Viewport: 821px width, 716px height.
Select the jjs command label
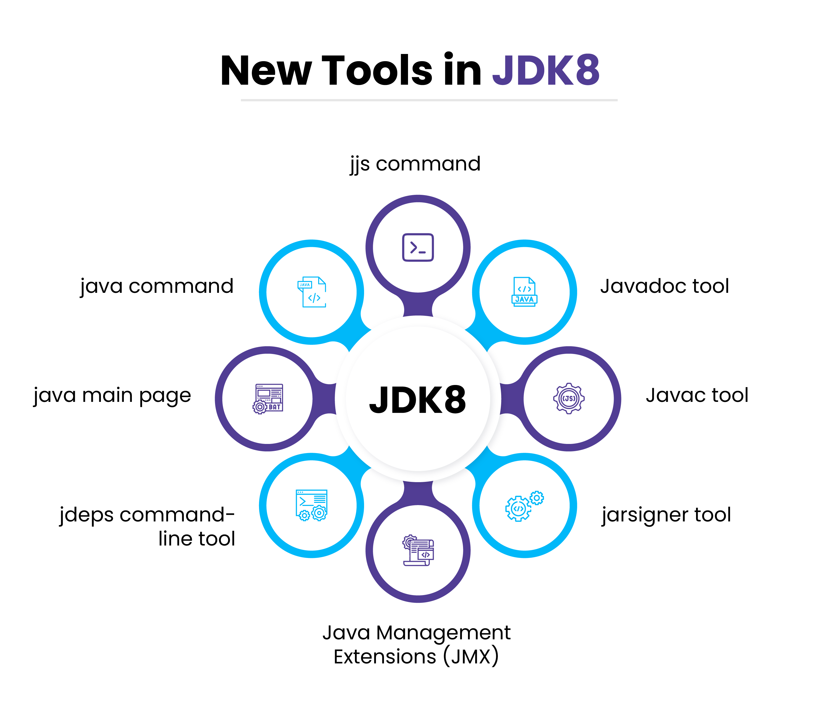[415, 164]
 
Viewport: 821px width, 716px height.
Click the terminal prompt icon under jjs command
[418, 247]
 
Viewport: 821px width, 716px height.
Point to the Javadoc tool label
[665, 286]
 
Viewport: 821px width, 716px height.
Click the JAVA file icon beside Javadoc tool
[524, 292]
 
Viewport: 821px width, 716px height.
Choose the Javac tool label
[697, 395]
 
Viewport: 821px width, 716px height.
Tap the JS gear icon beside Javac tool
[569, 398]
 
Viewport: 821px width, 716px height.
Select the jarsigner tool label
[666, 515]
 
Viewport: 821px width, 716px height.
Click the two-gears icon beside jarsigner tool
[524, 506]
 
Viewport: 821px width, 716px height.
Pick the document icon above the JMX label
[418, 550]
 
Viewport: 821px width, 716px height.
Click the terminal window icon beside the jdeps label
[311, 505]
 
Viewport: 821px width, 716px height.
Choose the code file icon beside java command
[312, 292]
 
